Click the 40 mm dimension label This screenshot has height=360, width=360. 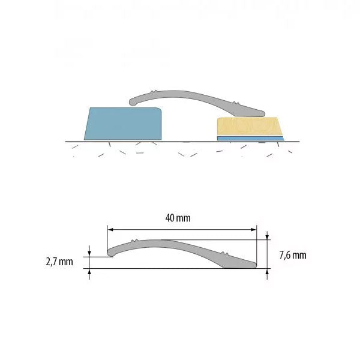178,218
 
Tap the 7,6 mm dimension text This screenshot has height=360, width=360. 293,256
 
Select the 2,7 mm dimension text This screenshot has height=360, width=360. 59,262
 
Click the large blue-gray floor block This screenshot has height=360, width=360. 123,124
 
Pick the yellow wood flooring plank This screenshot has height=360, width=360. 250,126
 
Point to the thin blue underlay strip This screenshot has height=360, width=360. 250,138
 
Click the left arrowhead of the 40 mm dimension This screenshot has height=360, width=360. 110,229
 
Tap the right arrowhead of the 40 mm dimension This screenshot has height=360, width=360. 253,229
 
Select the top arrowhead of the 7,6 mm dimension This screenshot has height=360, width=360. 267,236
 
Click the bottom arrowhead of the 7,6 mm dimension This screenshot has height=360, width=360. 267,272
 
